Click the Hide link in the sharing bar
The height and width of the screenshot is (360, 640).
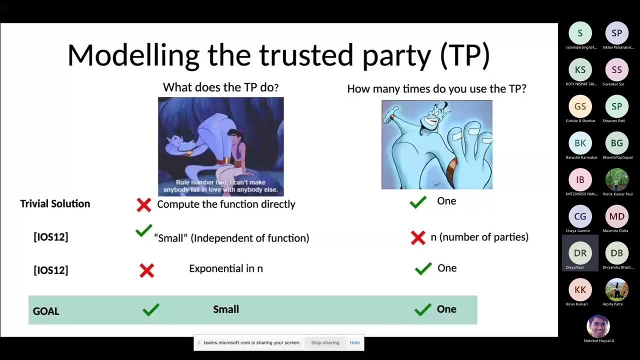pos(354,342)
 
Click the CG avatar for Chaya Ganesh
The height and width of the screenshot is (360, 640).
pos(580,216)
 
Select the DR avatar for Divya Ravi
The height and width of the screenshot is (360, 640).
pos(580,253)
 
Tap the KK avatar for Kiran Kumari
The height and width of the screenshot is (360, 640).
pos(580,290)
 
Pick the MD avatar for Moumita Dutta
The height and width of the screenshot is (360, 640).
pos(616,216)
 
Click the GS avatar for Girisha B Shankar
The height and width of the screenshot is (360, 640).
pos(580,106)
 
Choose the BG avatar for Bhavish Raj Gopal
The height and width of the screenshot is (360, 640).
pos(616,143)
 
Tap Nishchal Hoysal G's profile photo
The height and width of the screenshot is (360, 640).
pos(598,326)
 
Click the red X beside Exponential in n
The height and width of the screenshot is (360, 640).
pos(147,270)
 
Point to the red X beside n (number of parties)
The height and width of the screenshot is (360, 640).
pos(418,237)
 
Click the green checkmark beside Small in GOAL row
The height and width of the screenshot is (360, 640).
pos(150,310)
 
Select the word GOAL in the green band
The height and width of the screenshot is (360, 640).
pos(46,311)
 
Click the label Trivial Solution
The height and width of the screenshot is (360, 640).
pos(55,203)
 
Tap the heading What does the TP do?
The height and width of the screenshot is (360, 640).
pos(220,87)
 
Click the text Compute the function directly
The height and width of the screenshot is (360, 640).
pos(226,204)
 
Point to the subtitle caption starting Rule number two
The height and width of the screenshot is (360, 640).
pos(220,186)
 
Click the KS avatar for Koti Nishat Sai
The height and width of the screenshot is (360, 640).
pos(580,70)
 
